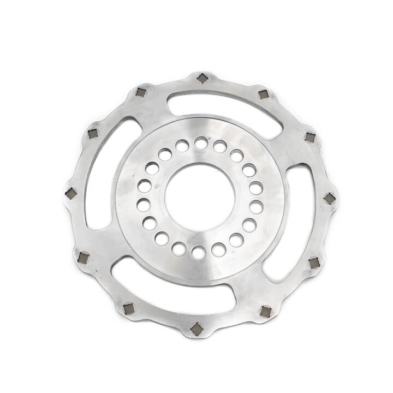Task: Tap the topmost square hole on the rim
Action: tap(203, 79)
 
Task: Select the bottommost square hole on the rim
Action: tap(196, 329)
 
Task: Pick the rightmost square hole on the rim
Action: tap(329, 199)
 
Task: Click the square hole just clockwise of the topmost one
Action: tap(263, 94)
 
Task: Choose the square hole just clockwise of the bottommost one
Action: tap(129, 308)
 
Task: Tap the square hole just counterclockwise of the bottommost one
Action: tap(266, 312)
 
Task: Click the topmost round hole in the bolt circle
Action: tap(201, 143)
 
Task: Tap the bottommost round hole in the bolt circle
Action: tap(199, 253)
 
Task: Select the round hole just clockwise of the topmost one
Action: tap(220, 146)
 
